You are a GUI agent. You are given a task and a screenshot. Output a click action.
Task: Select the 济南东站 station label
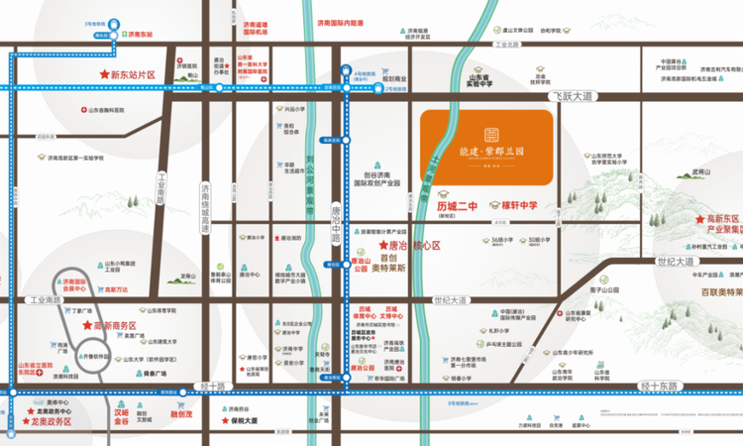click(x=142, y=34)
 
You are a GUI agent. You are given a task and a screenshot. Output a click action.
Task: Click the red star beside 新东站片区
click(x=102, y=74)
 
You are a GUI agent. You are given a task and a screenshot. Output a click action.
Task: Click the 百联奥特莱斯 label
click(x=708, y=293)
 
